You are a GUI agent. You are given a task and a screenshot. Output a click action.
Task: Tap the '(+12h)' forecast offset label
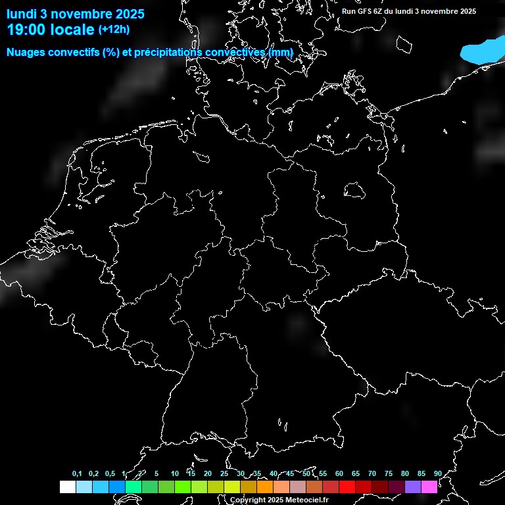click(x=114, y=29)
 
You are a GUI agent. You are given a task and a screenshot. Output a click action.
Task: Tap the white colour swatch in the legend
click(x=67, y=487)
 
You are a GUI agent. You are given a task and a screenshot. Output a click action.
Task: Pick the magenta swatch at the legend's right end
click(x=429, y=487)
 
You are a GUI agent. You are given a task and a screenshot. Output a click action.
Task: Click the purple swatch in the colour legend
click(x=412, y=487)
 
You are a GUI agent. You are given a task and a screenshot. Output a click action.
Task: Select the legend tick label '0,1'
click(x=77, y=474)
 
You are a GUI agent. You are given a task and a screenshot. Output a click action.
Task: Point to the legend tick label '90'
click(x=437, y=474)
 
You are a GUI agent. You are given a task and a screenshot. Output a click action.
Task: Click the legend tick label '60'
click(x=339, y=474)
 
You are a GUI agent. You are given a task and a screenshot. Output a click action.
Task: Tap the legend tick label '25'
click(x=224, y=474)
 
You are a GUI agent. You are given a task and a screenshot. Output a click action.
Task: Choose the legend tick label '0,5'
click(x=110, y=474)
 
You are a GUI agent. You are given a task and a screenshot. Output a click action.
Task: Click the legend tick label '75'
click(x=388, y=474)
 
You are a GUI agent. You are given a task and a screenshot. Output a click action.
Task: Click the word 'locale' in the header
click(x=71, y=30)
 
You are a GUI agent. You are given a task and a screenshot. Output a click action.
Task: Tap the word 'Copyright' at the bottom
click(x=248, y=500)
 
